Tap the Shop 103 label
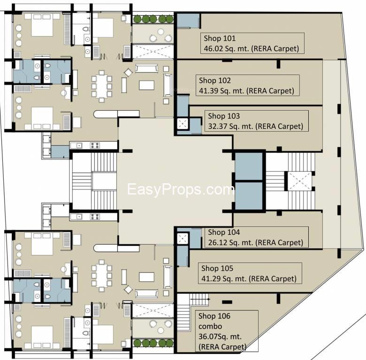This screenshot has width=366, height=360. [224, 116]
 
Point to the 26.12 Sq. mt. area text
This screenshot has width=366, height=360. [255, 242]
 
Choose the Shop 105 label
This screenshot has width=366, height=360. [217, 269]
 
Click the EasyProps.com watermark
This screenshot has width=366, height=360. [181, 190]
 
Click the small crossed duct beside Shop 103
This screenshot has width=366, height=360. [182, 124]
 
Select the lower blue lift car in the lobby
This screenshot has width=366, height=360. [248, 195]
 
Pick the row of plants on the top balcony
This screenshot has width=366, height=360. [153, 19]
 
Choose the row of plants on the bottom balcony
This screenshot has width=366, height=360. [153, 343]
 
